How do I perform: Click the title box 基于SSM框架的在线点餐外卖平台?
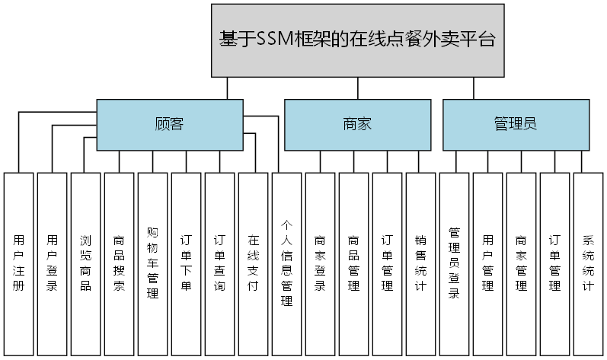357,40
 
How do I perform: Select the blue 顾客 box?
169,124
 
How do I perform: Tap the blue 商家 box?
357,124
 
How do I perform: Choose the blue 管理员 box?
516,124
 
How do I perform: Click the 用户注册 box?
18,263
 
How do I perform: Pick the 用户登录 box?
52,263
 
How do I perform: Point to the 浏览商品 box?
85,263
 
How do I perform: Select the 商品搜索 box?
119,263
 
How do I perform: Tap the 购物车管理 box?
152,263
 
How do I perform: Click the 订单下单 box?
186,263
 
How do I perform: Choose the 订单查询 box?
219,263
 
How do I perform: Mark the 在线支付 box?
253,263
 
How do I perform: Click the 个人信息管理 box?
286,263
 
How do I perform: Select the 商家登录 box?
320,263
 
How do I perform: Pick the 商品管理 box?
353,263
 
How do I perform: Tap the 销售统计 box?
420,263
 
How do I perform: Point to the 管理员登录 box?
454,263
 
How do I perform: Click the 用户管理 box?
487,263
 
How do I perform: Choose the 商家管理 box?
521,263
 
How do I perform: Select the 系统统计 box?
588,263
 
